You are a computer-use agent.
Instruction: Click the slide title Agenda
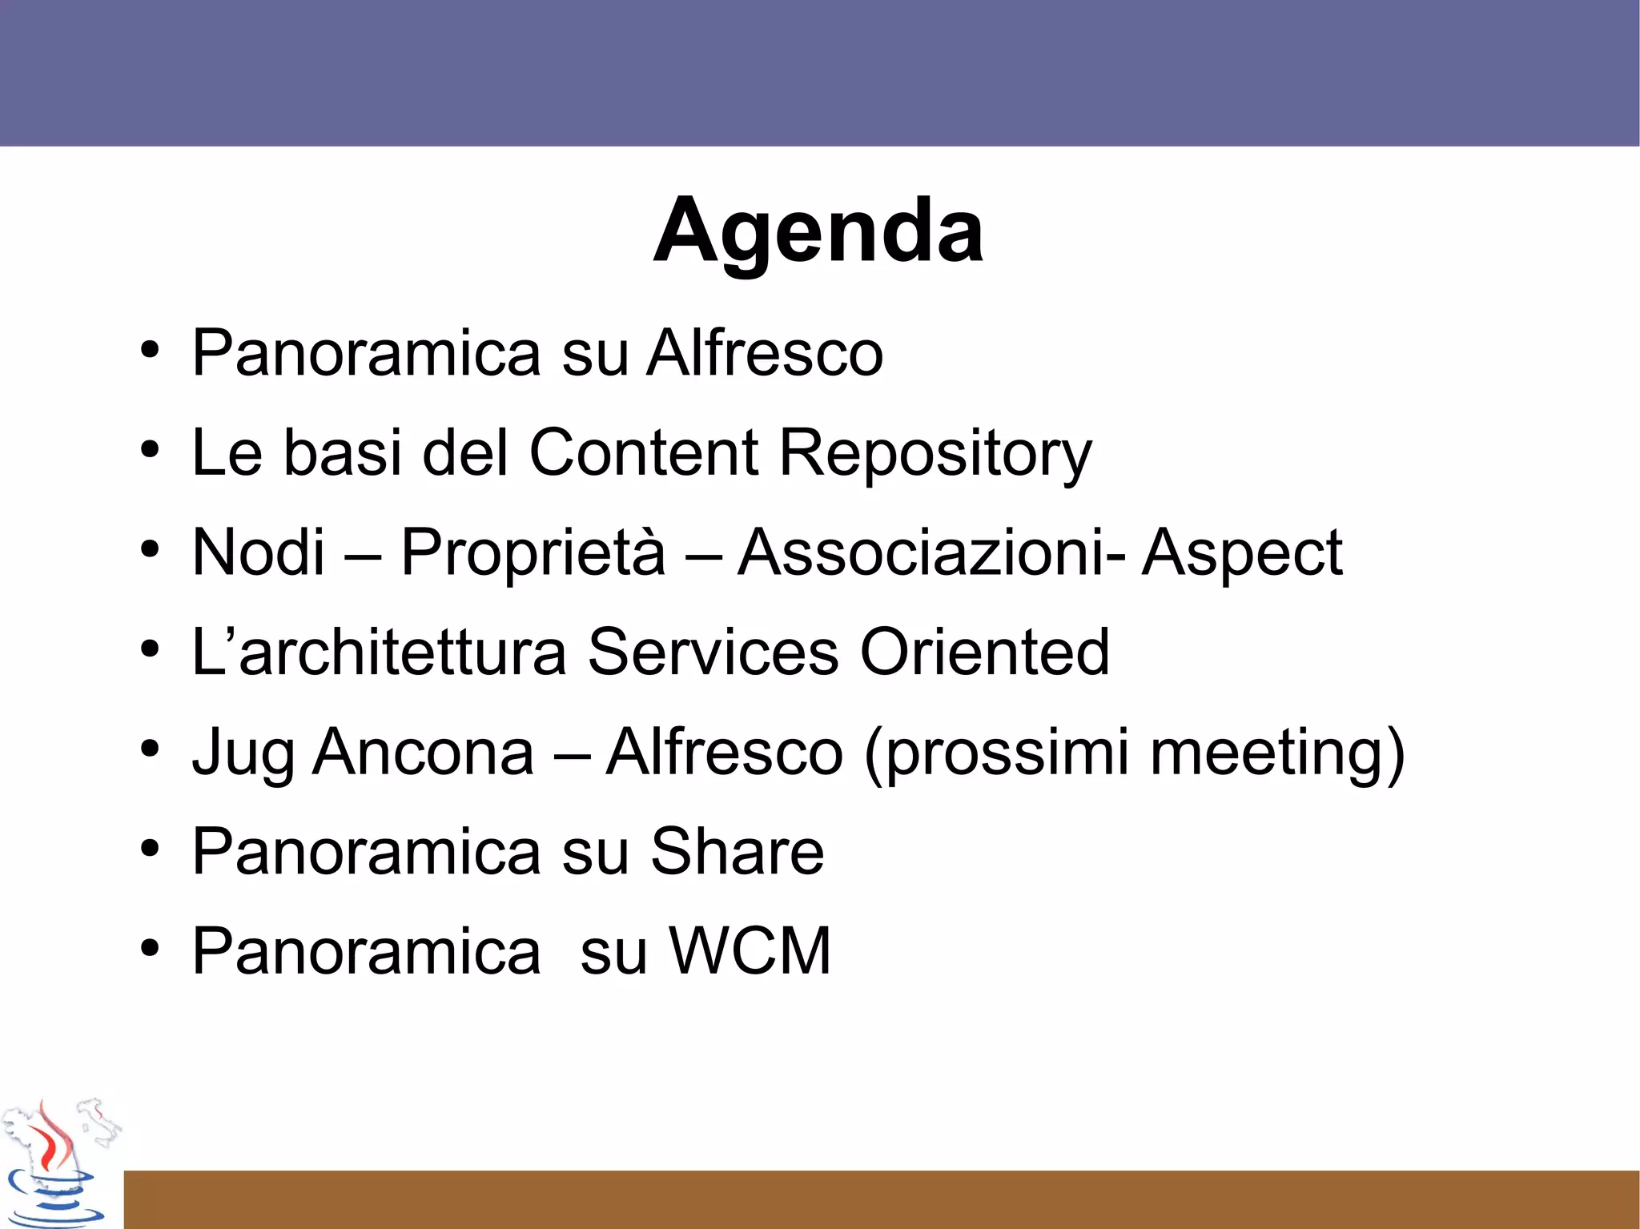[x=818, y=231]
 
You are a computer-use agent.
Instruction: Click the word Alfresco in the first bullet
[x=765, y=353]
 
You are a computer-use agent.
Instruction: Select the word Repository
[x=935, y=453]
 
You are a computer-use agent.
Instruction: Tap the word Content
[x=643, y=452]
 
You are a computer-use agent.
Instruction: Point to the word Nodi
[x=259, y=552]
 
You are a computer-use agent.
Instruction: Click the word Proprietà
[x=533, y=552]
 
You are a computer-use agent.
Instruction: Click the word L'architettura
[x=379, y=652]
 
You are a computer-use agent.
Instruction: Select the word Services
[x=713, y=652]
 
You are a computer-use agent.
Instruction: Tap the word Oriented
[x=984, y=652]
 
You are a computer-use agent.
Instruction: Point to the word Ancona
[x=423, y=753]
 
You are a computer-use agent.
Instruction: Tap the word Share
[x=737, y=852]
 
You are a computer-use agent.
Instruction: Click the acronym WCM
[x=750, y=951]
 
